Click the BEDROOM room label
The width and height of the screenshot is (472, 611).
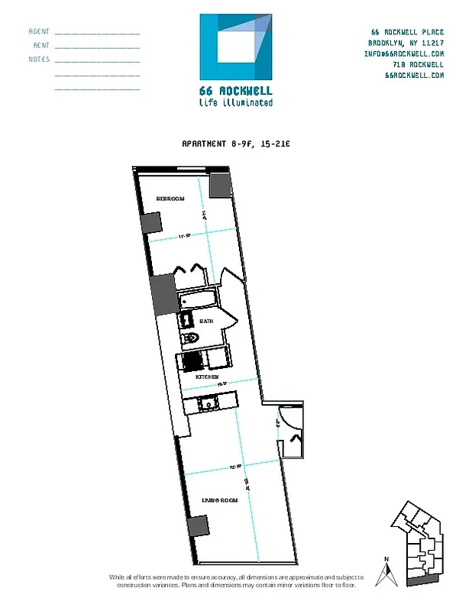click(x=170, y=199)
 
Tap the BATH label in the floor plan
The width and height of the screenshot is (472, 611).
click(x=206, y=322)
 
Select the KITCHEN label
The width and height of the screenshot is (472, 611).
click(x=208, y=377)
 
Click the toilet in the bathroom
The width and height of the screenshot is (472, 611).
click(x=188, y=340)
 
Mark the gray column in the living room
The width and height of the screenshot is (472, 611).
click(x=197, y=526)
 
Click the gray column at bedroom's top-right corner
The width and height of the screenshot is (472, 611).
click(x=221, y=185)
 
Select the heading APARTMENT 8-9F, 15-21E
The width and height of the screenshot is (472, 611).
click(x=234, y=144)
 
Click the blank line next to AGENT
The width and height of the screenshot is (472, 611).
click(x=97, y=34)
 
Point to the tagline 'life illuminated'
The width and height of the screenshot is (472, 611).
click(x=235, y=102)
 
